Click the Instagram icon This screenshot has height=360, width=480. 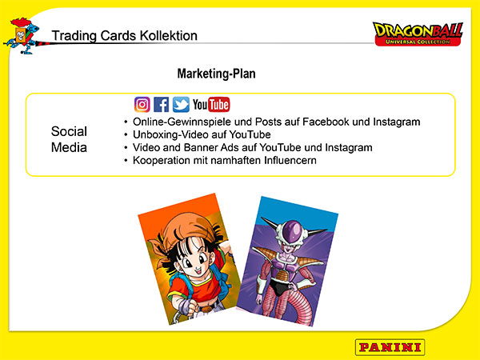[142, 104]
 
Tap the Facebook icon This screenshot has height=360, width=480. [161, 104]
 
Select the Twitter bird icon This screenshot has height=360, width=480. [181, 104]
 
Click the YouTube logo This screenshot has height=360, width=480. [211, 104]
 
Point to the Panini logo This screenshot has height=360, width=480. [390, 347]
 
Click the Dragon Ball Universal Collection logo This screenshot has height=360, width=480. [418, 34]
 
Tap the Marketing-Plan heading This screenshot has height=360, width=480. [217, 74]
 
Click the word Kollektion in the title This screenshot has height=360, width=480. [168, 35]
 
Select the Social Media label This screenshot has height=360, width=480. [69, 139]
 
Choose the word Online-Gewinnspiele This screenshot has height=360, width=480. [182, 122]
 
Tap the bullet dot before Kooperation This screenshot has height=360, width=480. [126, 161]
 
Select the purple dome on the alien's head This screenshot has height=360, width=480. [292, 229]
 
